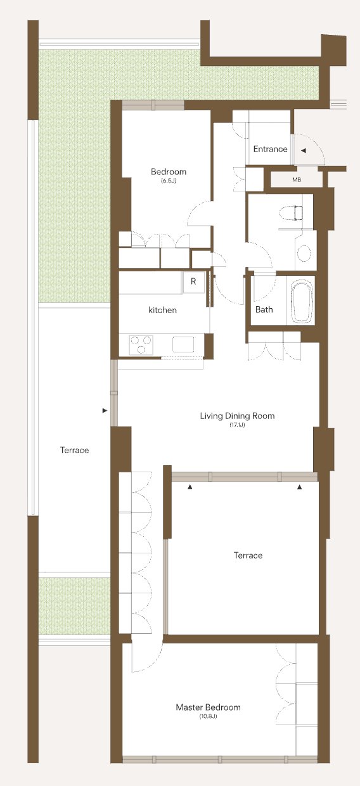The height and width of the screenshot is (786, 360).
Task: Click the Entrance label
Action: (x=270, y=149)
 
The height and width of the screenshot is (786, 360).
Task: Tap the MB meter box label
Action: (x=297, y=179)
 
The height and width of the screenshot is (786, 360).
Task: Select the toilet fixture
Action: (x=292, y=213)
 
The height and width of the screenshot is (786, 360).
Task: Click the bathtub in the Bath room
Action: (x=302, y=302)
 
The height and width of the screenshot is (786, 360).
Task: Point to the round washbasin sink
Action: (x=304, y=252)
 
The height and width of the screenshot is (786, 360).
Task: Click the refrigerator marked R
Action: (x=193, y=282)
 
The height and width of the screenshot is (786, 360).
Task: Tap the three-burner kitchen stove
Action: (x=141, y=345)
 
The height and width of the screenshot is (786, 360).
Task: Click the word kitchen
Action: (x=162, y=310)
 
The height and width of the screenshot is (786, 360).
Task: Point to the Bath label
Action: (x=264, y=309)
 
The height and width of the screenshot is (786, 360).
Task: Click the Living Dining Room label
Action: (x=237, y=416)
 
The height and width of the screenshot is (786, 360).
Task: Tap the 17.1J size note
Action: (x=237, y=425)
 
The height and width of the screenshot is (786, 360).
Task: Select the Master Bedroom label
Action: (x=208, y=707)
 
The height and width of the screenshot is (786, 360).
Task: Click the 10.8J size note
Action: (x=208, y=716)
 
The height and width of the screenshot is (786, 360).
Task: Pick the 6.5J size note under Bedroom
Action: (x=169, y=181)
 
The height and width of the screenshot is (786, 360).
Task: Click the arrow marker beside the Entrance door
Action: (x=304, y=150)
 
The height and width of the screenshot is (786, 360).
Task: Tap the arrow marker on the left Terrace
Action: (x=104, y=411)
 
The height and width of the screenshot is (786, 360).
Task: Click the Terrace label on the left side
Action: (x=74, y=450)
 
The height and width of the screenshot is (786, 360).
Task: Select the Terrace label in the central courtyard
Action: (x=248, y=555)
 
